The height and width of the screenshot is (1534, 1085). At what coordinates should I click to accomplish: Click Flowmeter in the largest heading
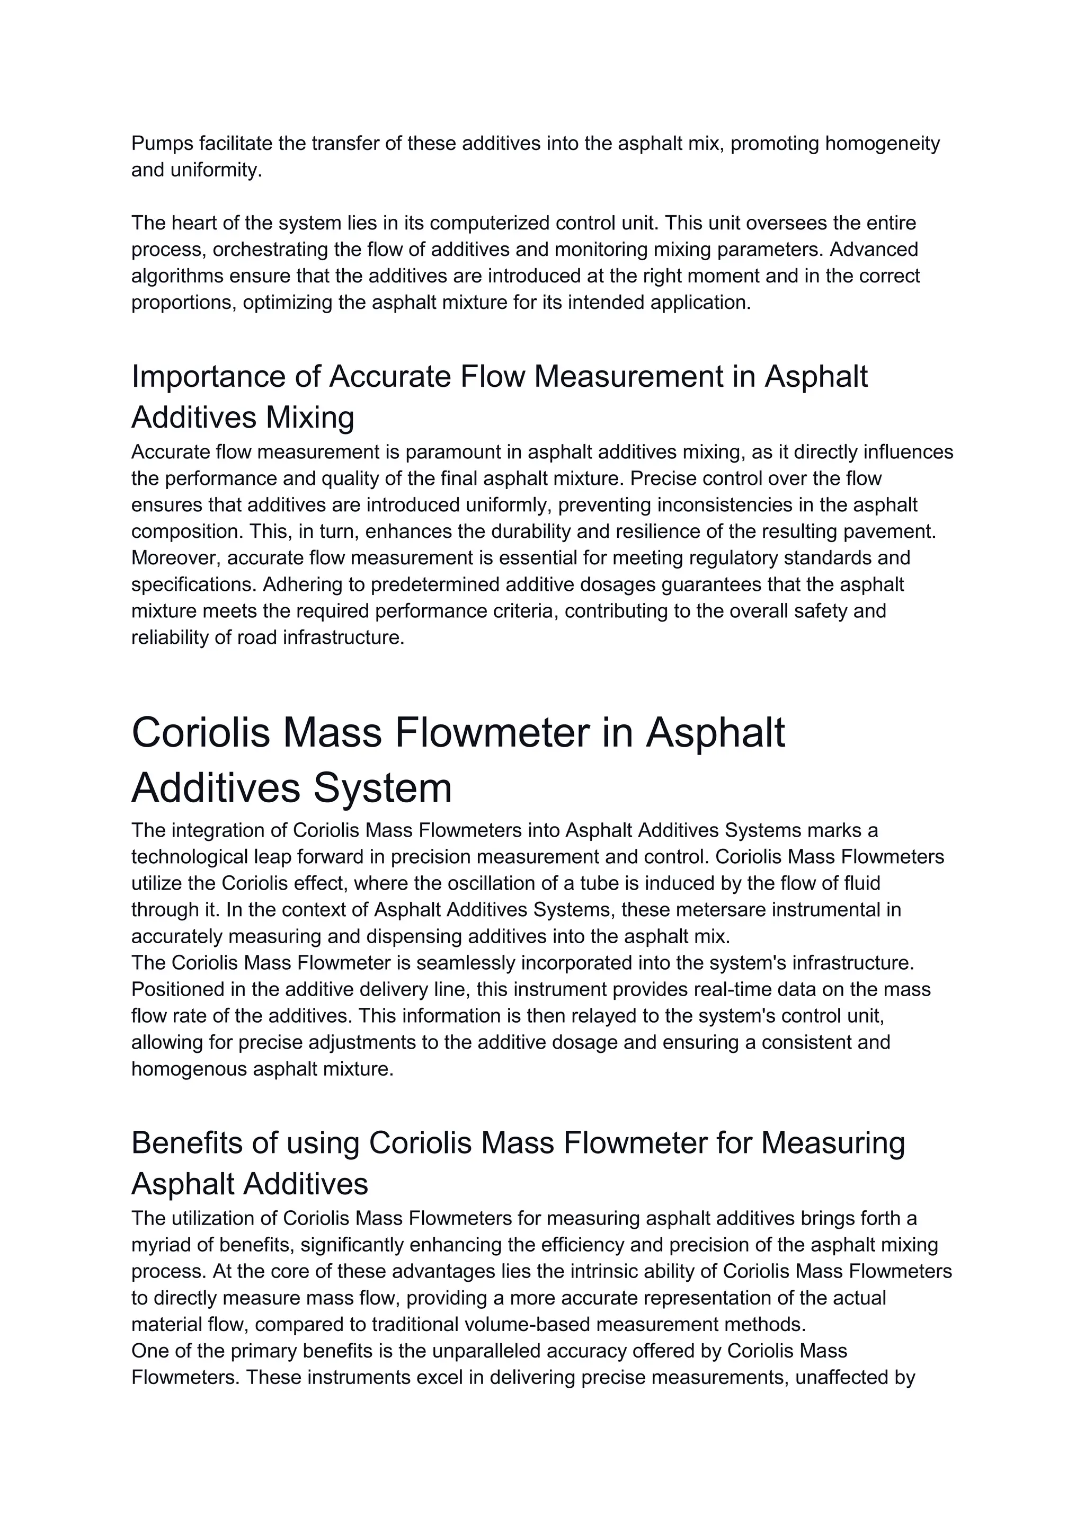click(492, 733)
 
